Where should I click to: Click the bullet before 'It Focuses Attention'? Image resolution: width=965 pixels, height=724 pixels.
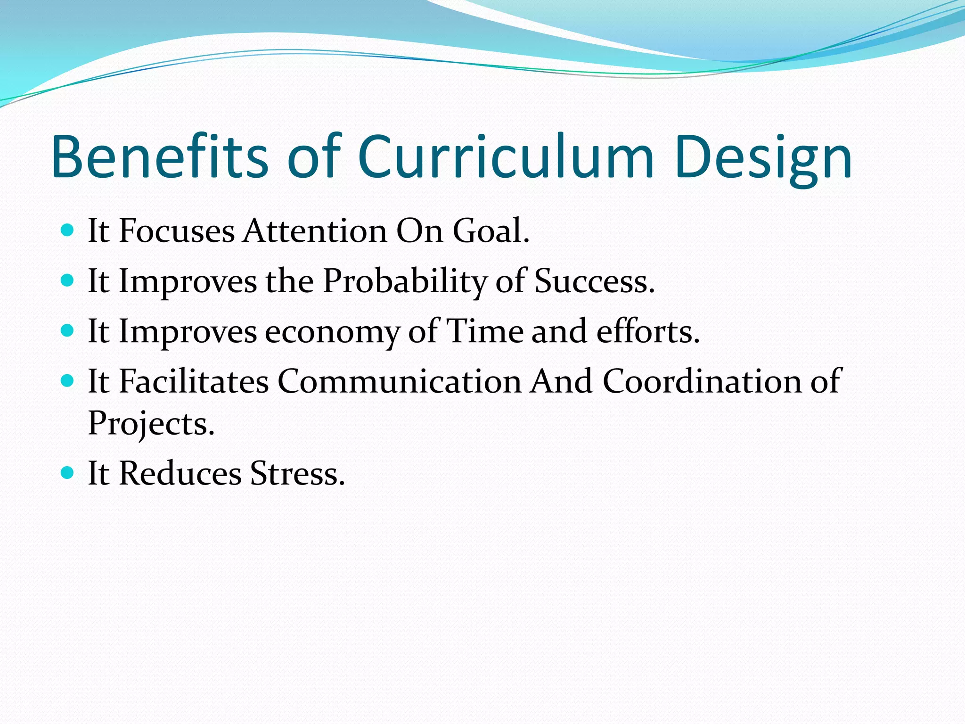tap(68, 230)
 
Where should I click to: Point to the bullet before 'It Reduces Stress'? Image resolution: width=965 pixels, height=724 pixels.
tap(68, 473)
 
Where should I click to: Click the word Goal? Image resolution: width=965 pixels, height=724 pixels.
tap(491, 231)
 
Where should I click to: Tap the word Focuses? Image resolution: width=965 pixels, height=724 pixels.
tap(176, 231)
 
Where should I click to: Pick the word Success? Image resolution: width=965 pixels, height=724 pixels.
tap(594, 281)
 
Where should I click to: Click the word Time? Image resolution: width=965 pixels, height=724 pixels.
tap(484, 331)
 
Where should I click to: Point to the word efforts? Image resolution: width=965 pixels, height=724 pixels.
tap(648, 331)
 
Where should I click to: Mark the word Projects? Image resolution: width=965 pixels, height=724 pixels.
tap(151, 424)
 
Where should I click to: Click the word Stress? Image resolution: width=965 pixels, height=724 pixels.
tap(297, 473)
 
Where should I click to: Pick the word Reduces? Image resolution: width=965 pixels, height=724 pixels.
tap(180, 473)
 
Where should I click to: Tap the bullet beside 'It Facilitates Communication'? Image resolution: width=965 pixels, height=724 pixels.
tap(68, 380)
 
